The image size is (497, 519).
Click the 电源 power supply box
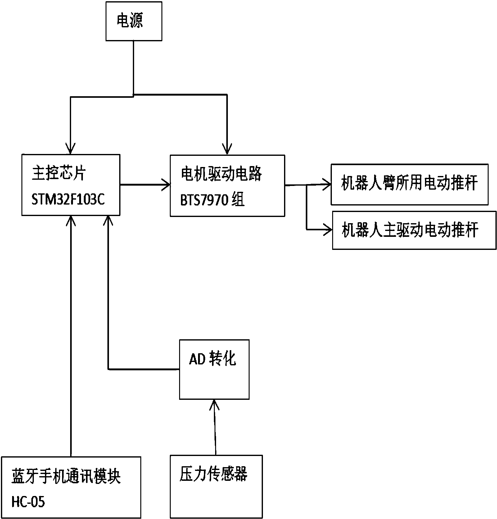[133, 21]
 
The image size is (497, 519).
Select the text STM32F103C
[68, 200]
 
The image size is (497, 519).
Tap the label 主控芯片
[59, 174]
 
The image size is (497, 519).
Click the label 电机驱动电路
[221, 174]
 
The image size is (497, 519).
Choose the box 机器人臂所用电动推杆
[409, 184]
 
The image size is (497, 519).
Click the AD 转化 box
[214, 369]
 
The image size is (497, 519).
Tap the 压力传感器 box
[216, 486]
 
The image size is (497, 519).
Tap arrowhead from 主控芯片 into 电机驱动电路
[167, 185]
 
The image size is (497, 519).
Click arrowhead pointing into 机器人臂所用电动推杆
[328, 185]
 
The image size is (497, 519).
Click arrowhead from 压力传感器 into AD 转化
[214, 404]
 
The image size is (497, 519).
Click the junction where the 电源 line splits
[133, 95]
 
